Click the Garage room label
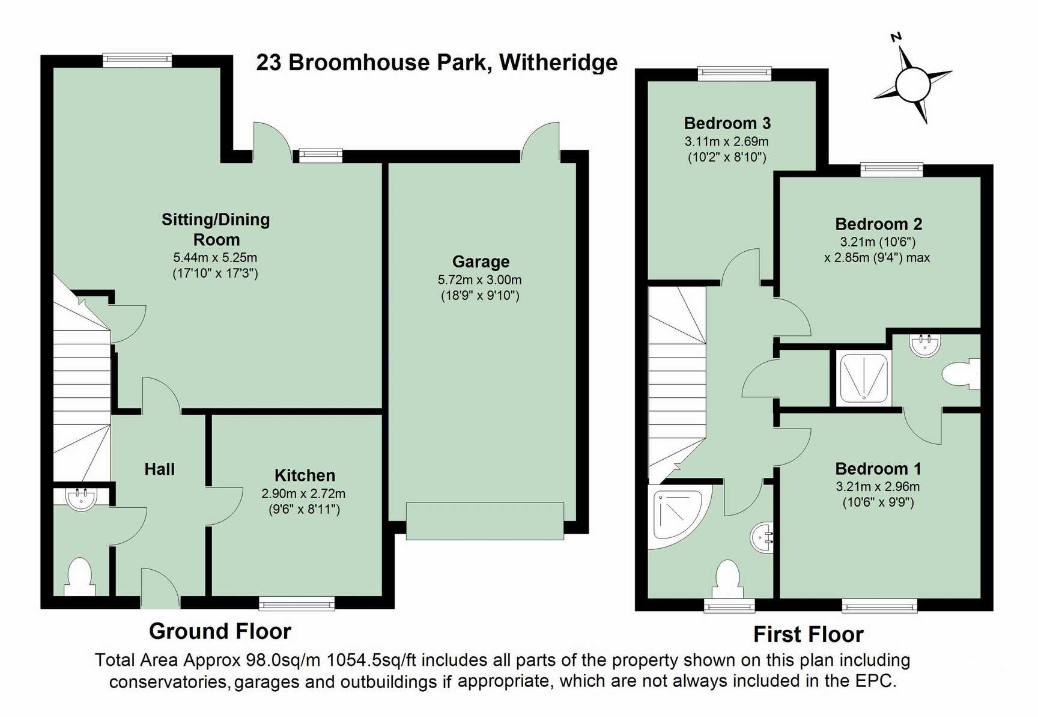pos(481,261)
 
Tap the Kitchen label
pos(305,475)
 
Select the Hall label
pos(159,469)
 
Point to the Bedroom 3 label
pos(727,123)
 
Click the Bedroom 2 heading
pos(878,224)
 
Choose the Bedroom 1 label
pos(878,469)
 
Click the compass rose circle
pos(912,85)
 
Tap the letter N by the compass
pos(896,37)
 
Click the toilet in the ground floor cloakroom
pos(79,577)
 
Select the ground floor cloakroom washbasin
pos(81,499)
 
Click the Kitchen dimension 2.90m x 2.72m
pos(303,494)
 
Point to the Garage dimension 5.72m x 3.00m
pos(479,280)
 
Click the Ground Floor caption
pos(220,631)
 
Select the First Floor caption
pos(808,635)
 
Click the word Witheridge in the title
pos(558,63)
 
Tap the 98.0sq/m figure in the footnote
pos(283,661)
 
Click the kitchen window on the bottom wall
pos(297,603)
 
